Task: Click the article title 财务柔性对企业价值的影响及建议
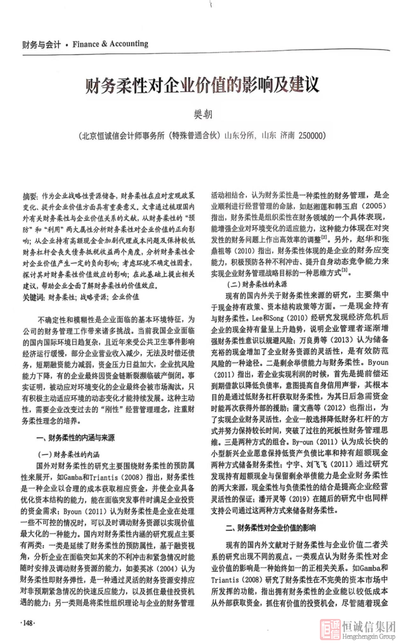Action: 202,85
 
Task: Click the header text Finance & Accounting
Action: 110,44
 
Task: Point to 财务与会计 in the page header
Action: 41,45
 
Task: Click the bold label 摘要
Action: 30,196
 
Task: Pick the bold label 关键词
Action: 33,297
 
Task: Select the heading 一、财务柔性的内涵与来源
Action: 75,438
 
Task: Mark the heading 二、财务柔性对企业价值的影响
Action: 270,528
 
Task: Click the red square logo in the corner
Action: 330,629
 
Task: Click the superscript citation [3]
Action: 344,271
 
